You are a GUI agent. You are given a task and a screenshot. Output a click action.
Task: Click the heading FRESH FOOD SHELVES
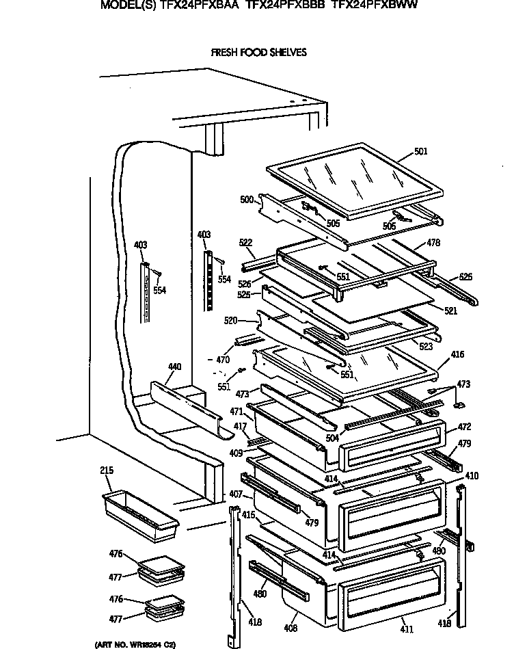coord(258,52)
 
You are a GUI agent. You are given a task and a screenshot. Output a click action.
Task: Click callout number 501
coord(420,151)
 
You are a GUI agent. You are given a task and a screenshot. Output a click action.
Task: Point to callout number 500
coord(247,200)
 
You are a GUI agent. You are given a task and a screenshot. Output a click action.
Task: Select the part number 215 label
coord(106,471)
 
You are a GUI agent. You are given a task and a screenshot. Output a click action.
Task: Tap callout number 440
coord(174,367)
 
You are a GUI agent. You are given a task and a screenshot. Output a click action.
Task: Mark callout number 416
coord(457,354)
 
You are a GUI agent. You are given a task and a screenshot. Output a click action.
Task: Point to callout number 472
coord(464,427)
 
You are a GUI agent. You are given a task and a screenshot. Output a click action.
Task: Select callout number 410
coord(472,476)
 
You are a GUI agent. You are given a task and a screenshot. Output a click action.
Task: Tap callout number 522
coord(246,243)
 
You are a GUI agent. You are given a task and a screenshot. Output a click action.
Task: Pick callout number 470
coord(223,359)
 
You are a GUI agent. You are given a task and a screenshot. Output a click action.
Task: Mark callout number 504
coord(332,438)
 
